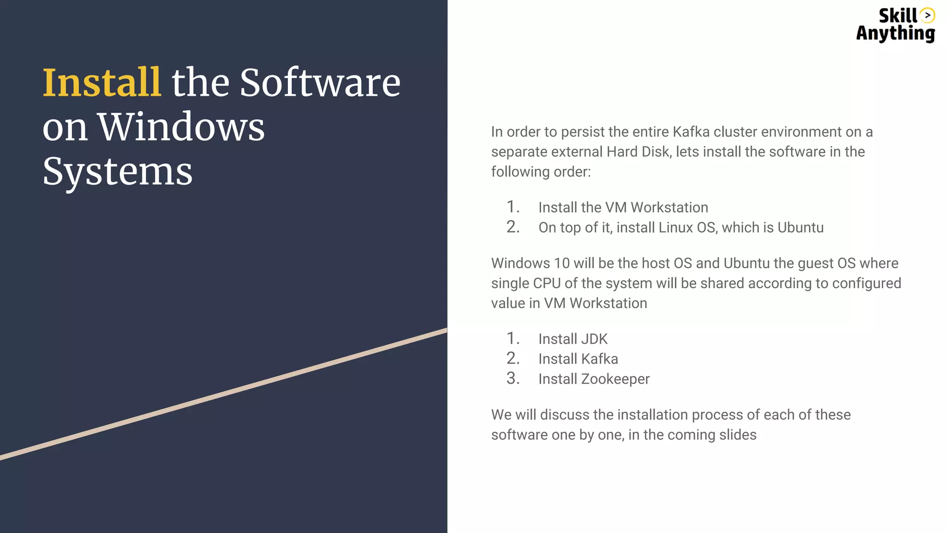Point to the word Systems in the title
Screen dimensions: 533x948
(118, 172)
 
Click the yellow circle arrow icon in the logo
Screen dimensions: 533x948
(927, 15)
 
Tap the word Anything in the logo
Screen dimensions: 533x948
(895, 33)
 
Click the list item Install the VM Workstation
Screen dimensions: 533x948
(623, 207)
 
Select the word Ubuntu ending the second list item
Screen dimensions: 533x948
(800, 228)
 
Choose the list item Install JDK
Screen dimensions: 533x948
(573, 339)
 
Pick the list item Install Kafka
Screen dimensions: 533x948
(578, 359)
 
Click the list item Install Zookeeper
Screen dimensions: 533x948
(594, 379)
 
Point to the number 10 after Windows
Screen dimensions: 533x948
(561, 263)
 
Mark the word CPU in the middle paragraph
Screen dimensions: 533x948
(546, 283)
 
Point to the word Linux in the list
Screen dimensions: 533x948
(675, 228)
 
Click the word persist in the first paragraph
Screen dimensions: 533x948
(582, 132)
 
